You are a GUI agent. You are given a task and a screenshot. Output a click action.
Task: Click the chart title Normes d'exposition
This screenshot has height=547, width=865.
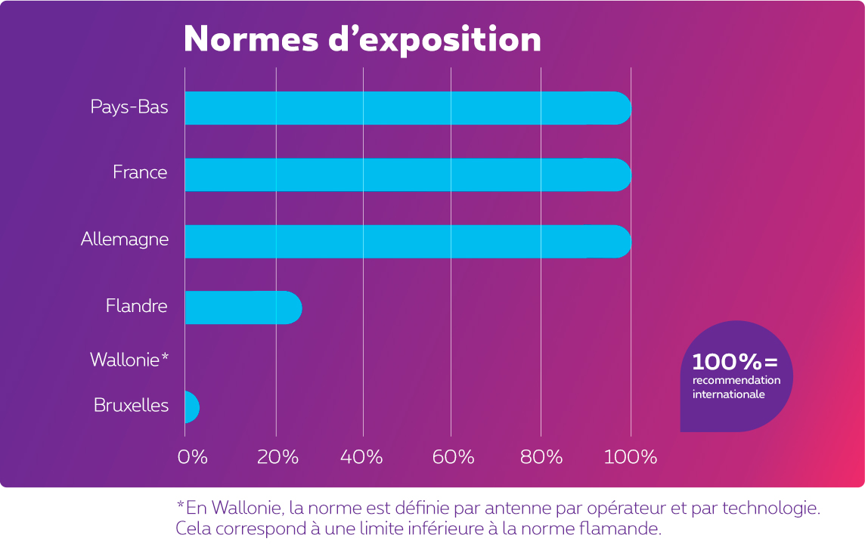pyautogui.click(x=362, y=39)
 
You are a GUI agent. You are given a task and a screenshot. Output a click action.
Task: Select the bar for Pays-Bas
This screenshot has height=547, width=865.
pyautogui.click(x=408, y=108)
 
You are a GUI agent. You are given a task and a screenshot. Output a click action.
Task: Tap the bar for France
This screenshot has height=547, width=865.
pyautogui.click(x=408, y=175)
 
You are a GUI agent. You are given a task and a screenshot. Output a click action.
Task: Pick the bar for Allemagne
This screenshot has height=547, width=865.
pyautogui.click(x=408, y=241)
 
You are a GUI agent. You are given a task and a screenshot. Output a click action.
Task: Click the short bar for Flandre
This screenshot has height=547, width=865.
pyautogui.click(x=243, y=307)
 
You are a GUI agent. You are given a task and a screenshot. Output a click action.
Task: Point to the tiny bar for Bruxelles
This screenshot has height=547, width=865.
pyautogui.click(x=191, y=407)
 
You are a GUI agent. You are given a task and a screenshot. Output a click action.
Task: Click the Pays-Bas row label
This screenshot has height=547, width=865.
pyautogui.click(x=129, y=107)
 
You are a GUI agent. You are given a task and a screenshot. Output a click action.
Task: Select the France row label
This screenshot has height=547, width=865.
pyautogui.click(x=140, y=172)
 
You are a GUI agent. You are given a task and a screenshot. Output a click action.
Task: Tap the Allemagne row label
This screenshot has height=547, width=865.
pyautogui.click(x=125, y=240)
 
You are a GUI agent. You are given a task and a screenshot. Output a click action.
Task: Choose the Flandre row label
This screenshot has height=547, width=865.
pyautogui.click(x=136, y=307)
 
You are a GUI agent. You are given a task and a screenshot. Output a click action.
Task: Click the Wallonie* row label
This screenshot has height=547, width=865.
pyautogui.click(x=129, y=360)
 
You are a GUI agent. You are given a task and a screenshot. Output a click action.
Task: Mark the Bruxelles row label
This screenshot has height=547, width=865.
pyautogui.click(x=131, y=405)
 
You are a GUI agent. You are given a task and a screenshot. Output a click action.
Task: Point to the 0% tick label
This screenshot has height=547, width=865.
pyautogui.click(x=192, y=457)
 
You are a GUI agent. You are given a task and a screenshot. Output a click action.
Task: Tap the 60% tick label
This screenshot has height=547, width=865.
pyautogui.click(x=452, y=457)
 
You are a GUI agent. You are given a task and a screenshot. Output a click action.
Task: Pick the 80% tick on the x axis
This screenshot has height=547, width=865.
pyautogui.click(x=541, y=457)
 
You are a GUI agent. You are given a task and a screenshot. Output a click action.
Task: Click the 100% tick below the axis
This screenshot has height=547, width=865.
pyautogui.click(x=630, y=457)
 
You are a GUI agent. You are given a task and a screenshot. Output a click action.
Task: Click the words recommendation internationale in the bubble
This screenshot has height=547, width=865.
pyautogui.click(x=736, y=387)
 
